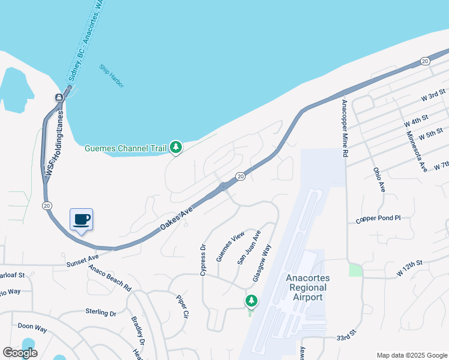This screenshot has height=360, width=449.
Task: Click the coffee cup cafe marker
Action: coord(82,220)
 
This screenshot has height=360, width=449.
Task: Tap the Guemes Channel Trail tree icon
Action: coord(175,146)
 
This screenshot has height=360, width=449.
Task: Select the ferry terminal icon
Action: coord(59,97)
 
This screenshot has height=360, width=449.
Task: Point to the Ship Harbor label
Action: coord(112,76)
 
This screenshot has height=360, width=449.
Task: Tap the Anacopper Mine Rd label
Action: coord(345,127)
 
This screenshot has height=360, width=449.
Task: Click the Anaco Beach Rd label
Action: coord(110,277)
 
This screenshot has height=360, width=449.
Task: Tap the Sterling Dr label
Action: coord(100,313)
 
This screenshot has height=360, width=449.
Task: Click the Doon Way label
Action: coord(32,327)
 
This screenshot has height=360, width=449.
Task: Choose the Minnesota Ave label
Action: coord(415,151)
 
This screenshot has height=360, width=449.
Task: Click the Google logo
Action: coord(20,353)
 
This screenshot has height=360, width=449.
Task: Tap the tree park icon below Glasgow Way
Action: coord(251,300)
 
